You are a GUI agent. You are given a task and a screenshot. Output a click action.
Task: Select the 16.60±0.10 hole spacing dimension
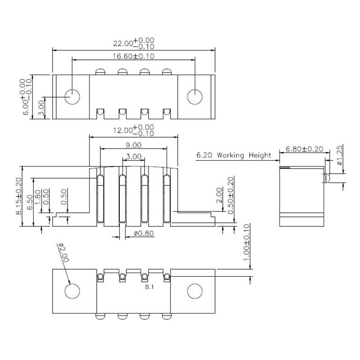(x=133, y=56)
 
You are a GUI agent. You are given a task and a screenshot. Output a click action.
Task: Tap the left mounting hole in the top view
(x=72, y=97)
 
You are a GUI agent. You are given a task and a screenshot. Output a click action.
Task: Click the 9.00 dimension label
(x=133, y=145)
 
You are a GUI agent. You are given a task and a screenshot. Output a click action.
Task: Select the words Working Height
(x=244, y=155)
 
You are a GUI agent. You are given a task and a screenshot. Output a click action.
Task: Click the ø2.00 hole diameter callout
(x=63, y=253)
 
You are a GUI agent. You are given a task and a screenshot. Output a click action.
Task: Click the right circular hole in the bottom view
(x=195, y=291)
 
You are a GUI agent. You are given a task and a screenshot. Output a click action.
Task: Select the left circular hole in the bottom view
(x=72, y=291)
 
